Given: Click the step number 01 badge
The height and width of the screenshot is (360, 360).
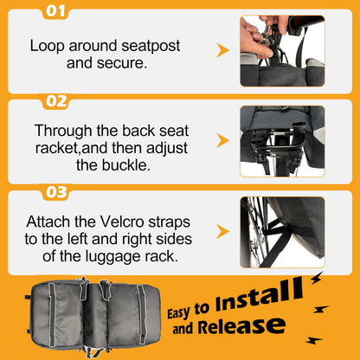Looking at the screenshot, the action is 55,11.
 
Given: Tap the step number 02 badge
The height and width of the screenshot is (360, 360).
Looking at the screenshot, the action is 56,101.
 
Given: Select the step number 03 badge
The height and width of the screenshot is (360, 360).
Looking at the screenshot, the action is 56,192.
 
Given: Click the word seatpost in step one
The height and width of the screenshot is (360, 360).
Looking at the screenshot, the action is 151,47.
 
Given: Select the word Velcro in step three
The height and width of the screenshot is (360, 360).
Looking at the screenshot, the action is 122,222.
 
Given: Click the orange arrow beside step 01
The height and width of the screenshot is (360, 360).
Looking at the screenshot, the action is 222,50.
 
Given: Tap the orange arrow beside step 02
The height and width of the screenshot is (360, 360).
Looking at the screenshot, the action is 222,141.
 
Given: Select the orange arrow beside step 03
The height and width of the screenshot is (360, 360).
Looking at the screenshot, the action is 222,231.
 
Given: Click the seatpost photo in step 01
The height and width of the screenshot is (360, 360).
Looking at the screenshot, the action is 282,51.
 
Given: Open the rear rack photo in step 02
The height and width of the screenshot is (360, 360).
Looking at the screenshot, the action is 282,141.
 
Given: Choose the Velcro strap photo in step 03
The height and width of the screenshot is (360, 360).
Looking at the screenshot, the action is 282,232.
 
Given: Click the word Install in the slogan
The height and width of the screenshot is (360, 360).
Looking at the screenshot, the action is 259,295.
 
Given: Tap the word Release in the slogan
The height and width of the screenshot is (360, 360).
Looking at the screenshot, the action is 241,326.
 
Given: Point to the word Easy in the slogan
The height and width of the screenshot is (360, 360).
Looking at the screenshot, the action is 179,312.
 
